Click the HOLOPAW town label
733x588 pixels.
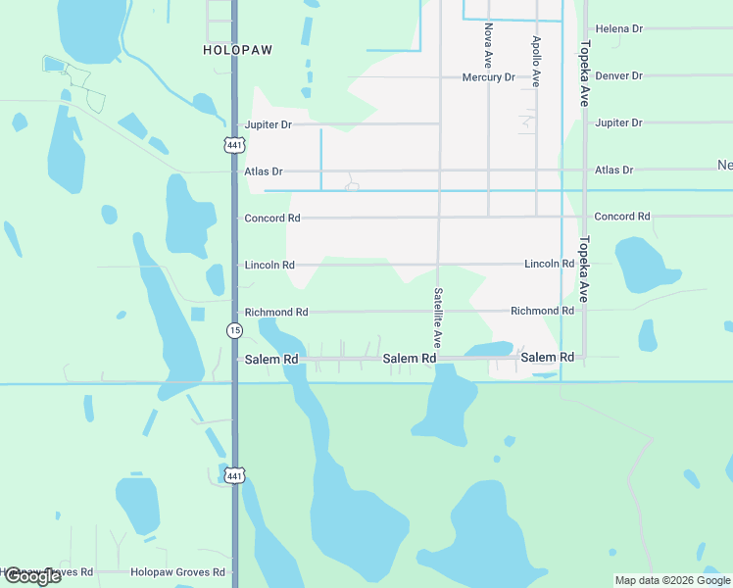237,49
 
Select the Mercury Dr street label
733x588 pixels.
488,77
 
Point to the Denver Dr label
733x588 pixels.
618,76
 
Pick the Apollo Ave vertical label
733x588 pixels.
536,62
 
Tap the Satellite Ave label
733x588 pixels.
438,318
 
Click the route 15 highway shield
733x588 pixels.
234,330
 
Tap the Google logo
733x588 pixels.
31,576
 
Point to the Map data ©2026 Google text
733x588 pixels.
671,580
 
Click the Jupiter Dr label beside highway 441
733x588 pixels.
268,125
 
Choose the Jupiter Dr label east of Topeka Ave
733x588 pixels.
618,123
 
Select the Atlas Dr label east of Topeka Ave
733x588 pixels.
614,171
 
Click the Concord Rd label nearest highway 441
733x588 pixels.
271,219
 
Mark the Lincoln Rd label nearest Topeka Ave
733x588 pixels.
549,265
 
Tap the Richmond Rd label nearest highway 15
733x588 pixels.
276,313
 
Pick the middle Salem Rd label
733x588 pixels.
409,359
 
